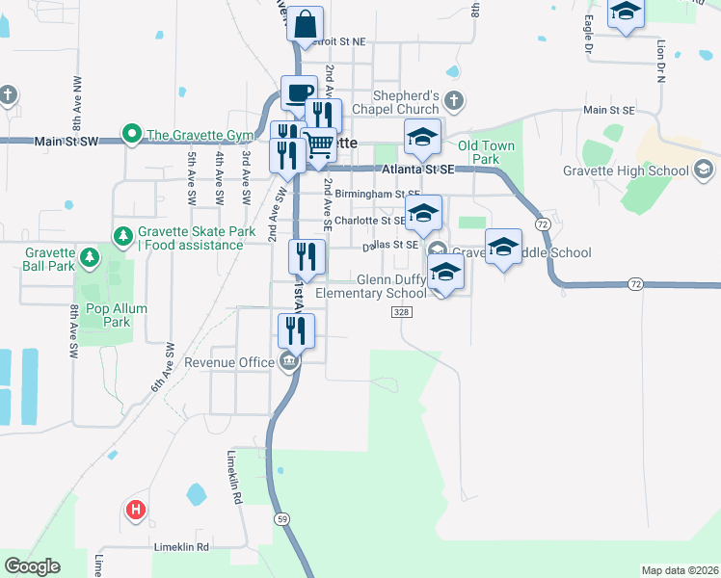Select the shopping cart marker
point(319,145)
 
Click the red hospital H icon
point(136,510)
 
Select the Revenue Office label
point(229,362)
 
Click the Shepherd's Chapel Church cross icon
point(454,99)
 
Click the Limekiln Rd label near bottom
point(182,547)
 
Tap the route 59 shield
point(281,518)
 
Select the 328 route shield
point(402,313)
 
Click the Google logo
point(32,566)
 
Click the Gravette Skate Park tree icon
point(122,235)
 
